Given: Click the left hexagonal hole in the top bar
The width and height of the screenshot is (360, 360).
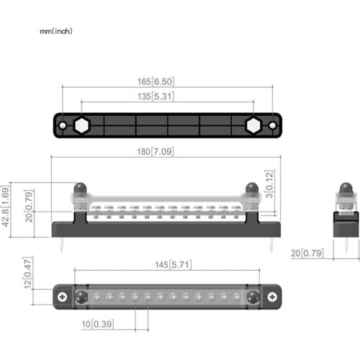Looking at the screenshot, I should pyautogui.click(x=81, y=125).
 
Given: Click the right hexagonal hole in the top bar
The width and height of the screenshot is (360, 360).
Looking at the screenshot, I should pyautogui.click(x=253, y=125).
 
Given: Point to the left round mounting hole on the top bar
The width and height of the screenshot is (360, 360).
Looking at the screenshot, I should pyautogui.click(x=63, y=125).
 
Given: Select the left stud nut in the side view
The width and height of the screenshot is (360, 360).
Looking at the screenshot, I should pyautogui.click(x=78, y=189).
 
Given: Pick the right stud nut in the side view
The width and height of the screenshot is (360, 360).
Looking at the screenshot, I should pyautogui.click(x=251, y=189).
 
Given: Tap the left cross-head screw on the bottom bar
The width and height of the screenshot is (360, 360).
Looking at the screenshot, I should pyautogui.click(x=64, y=296).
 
